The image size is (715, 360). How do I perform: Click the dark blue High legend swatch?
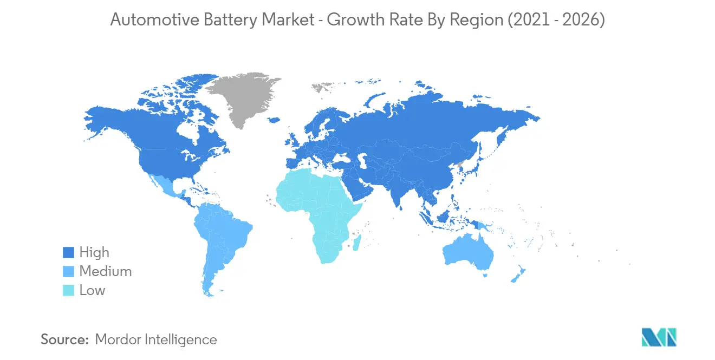68,252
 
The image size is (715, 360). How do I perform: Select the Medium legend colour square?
68,271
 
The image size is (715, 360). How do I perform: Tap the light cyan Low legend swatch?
68,290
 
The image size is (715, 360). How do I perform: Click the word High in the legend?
94,252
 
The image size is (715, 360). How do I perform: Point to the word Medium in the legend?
105,271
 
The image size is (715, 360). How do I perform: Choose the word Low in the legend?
92,290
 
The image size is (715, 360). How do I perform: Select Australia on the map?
467,252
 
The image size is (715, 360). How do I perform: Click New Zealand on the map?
518,274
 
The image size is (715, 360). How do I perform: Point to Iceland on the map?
275,120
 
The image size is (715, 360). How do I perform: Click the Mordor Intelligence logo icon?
659,337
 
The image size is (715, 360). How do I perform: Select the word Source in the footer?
64,339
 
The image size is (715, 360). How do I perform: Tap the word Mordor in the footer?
118,339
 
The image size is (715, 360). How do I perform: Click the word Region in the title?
477,21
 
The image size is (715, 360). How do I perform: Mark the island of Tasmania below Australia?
485,275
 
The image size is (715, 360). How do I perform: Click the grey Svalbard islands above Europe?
322,87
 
